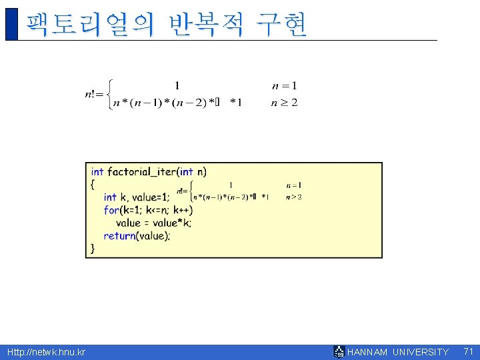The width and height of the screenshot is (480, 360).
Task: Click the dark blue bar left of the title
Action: tap(11, 24)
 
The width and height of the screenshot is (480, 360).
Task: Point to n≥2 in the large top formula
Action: tap(285, 103)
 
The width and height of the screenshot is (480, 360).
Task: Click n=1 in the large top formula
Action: tap(285, 85)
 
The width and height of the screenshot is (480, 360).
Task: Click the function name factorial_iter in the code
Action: tap(143, 171)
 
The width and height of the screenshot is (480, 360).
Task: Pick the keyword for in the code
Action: tap(111, 210)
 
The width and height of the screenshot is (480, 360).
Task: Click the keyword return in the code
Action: tap(119, 235)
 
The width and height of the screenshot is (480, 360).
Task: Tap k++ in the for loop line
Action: tap(181, 210)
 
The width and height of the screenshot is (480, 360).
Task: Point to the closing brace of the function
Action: tap(93, 248)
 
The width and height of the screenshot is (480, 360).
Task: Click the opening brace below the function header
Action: tap(93, 184)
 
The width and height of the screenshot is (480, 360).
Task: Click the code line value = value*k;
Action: tap(153, 223)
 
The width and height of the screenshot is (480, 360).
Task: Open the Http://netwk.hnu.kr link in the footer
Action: tap(46, 352)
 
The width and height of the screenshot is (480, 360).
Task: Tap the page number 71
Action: tap(468, 351)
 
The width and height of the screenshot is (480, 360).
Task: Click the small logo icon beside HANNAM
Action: tap(339, 351)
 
